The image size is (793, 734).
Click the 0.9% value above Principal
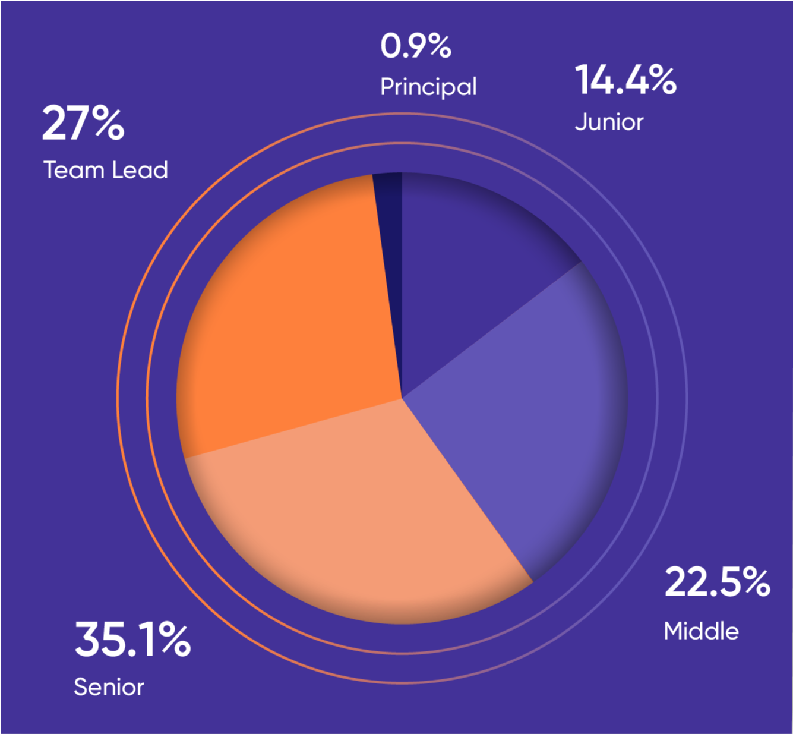(416, 46)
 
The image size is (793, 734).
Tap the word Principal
(428, 87)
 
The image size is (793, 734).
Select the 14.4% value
(625, 80)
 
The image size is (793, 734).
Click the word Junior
(609, 121)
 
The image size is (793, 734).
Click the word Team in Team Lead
(74, 170)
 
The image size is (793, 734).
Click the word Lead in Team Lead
(140, 170)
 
